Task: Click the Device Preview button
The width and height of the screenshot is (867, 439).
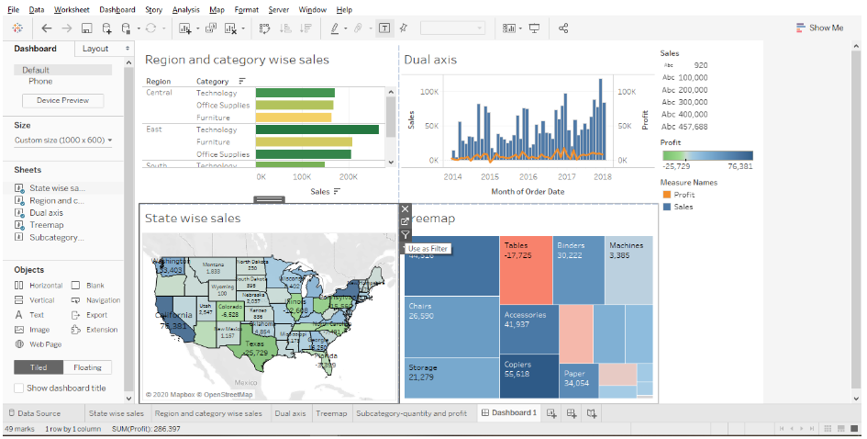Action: click(x=62, y=100)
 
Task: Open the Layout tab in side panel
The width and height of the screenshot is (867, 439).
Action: click(x=94, y=49)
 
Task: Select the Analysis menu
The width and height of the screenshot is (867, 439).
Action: click(x=185, y=9)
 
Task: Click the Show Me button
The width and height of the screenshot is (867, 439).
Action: click(x=819, y=28)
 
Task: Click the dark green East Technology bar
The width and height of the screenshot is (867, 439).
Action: click(x=317, y=129)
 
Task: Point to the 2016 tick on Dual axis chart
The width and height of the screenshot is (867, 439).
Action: click(x=528, y=176)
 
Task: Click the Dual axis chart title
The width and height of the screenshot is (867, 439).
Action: click(x=430, y=60)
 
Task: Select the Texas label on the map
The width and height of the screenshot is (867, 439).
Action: click(x=255, y=347)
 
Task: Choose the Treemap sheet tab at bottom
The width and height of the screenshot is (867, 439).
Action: click(x=331, y=413)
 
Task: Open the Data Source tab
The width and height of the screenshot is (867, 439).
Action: click(x=39, y=413)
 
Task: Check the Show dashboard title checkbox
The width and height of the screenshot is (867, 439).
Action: click(x=19, y=388)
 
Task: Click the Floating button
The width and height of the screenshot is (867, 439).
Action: click(x=87, y=367)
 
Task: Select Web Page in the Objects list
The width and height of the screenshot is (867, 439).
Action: click(x=45, y=344)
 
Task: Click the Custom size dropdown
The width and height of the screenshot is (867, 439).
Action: click(x=63, y=141)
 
